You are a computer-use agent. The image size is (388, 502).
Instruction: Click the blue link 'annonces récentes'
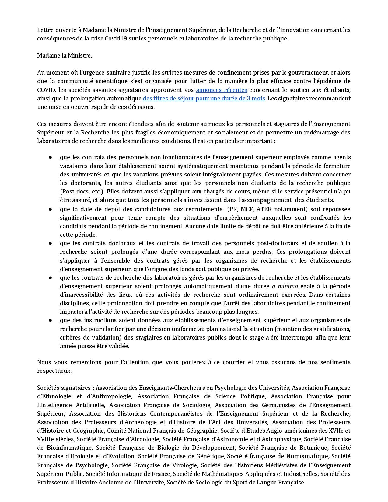tap(221, 90)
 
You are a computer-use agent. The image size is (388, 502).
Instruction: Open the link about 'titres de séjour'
tap(204, 98)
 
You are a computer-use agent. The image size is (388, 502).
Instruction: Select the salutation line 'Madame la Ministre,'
tap(65, 55)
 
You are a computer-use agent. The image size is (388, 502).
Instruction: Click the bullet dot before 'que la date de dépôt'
tap(50, 209)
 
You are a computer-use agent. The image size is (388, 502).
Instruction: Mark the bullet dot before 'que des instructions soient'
tap(50, 320)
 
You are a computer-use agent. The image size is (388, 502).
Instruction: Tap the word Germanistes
tap(280, 405)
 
